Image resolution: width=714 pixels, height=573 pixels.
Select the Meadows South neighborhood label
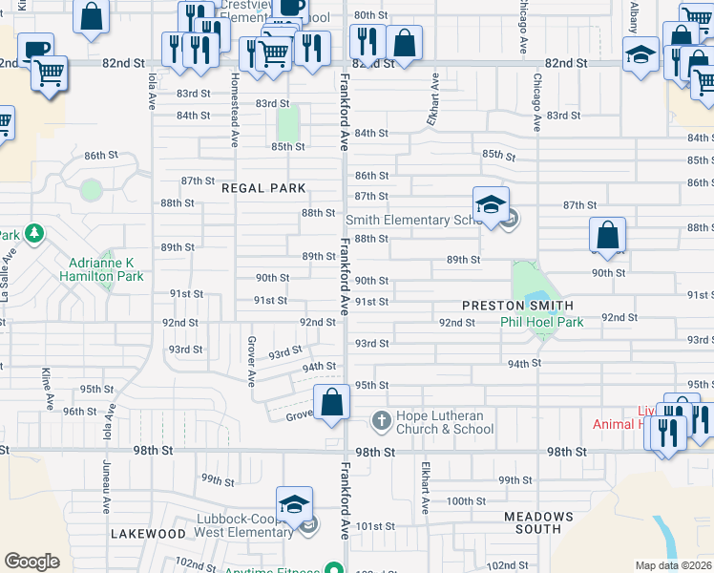click(x=533, y=522)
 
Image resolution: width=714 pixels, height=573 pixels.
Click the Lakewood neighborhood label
click(x=148, y=533)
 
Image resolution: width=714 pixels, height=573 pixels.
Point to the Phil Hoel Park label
click(x=542, y=322)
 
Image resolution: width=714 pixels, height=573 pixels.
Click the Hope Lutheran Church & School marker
click(x=381, y=420)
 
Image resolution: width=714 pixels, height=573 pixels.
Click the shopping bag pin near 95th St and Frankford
click(x=332, y=402)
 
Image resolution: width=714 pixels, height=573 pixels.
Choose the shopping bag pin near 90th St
click(x=607, y=235)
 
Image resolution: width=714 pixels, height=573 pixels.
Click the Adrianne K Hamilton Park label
click(x=106, y=269)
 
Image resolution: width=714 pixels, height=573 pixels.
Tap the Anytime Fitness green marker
click(x=334, y=569)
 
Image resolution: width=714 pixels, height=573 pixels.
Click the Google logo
click(x=31, y=562)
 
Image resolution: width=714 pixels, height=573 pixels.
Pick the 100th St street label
click(x=466, y=500)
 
